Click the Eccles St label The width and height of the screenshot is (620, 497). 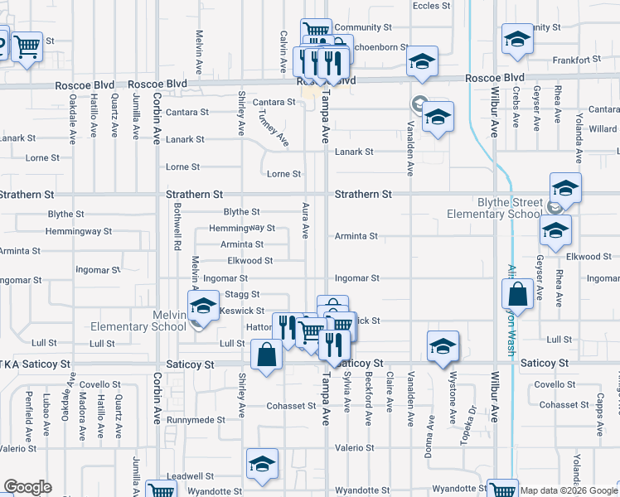[431, 5]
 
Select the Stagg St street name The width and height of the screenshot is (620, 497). [244, 294]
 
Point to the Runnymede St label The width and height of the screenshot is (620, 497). [196, 419]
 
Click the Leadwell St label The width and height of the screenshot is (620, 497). [190, 476]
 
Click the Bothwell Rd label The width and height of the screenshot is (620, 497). [177, 231]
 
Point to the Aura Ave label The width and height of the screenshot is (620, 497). [306, 220]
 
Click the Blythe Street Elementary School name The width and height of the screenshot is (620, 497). [493, 208]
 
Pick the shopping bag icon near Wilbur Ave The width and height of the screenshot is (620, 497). [517, 294]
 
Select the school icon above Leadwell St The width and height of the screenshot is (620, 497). [262, 465]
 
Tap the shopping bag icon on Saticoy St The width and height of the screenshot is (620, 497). [268, 355]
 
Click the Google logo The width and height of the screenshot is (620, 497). [27, 487]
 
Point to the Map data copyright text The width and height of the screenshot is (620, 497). [569, 490]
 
